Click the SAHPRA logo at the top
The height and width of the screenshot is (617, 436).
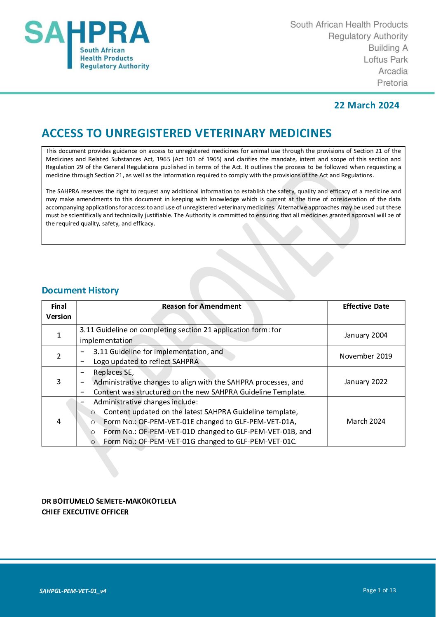pos(87,45)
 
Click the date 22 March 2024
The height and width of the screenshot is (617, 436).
pos(366,106)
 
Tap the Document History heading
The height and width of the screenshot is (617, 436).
pos(80,291)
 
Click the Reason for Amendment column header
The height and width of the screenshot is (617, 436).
pos(202,307)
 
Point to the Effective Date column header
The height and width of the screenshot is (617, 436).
pos(366,307)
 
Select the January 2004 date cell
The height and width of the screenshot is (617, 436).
pos(366,335)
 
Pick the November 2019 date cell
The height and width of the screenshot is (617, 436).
pos(366,357)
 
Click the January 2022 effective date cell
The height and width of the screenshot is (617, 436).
pos(366,382)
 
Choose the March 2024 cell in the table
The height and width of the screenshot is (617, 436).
pos(366,422)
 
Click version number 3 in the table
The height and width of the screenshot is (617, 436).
pos(59,382)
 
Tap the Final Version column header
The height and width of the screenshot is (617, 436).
pos(59,312)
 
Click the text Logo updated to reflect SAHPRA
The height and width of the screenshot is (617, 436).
pos(146,362)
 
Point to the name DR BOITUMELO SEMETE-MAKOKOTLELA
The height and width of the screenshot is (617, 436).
pos(109,502)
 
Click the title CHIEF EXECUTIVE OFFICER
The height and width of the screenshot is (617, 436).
pos(85,512)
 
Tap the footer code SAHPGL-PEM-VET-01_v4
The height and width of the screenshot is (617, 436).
pos(73,591)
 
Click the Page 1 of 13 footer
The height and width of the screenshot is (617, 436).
pos(379,591)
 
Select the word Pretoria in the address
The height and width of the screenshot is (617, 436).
pos(392,83)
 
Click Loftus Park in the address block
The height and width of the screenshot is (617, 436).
pos(386,60)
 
